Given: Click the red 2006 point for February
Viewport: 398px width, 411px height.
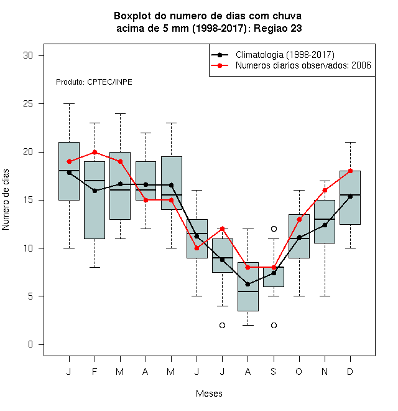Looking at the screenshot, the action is [x=95, y=152].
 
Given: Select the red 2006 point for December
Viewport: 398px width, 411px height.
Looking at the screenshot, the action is [x=350, y=171].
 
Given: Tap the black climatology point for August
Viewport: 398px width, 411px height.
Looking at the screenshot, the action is [x=248, y=284].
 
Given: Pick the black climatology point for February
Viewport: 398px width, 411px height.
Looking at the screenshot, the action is [x=95, y=191].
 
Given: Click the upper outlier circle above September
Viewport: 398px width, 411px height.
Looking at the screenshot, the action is [x=274, y=229].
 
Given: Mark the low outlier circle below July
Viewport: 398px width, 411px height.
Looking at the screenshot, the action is [x=222, y=325].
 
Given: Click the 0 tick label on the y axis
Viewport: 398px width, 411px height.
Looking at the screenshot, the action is [x=30, y=344].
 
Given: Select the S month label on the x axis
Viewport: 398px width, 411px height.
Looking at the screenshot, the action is [x=274, y=371].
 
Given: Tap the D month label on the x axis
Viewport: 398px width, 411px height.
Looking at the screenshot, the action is [x=350, y=371].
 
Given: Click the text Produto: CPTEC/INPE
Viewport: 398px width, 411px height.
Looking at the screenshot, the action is [x=94, y=82].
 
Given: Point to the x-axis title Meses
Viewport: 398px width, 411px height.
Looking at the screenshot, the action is [x=209, y=394].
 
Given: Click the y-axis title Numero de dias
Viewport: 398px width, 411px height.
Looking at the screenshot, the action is [x=6, y=200].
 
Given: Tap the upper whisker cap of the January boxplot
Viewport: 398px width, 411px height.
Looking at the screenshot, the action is [x=70, y=104].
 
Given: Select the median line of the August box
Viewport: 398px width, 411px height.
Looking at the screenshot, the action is [x=248, y=291].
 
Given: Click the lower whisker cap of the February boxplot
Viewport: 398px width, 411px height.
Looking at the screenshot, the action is [x=95, y=267].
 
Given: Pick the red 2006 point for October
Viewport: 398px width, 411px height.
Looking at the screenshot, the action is [x=299, y=219].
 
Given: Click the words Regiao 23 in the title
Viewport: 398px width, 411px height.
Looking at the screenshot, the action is [x=277, y=28].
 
